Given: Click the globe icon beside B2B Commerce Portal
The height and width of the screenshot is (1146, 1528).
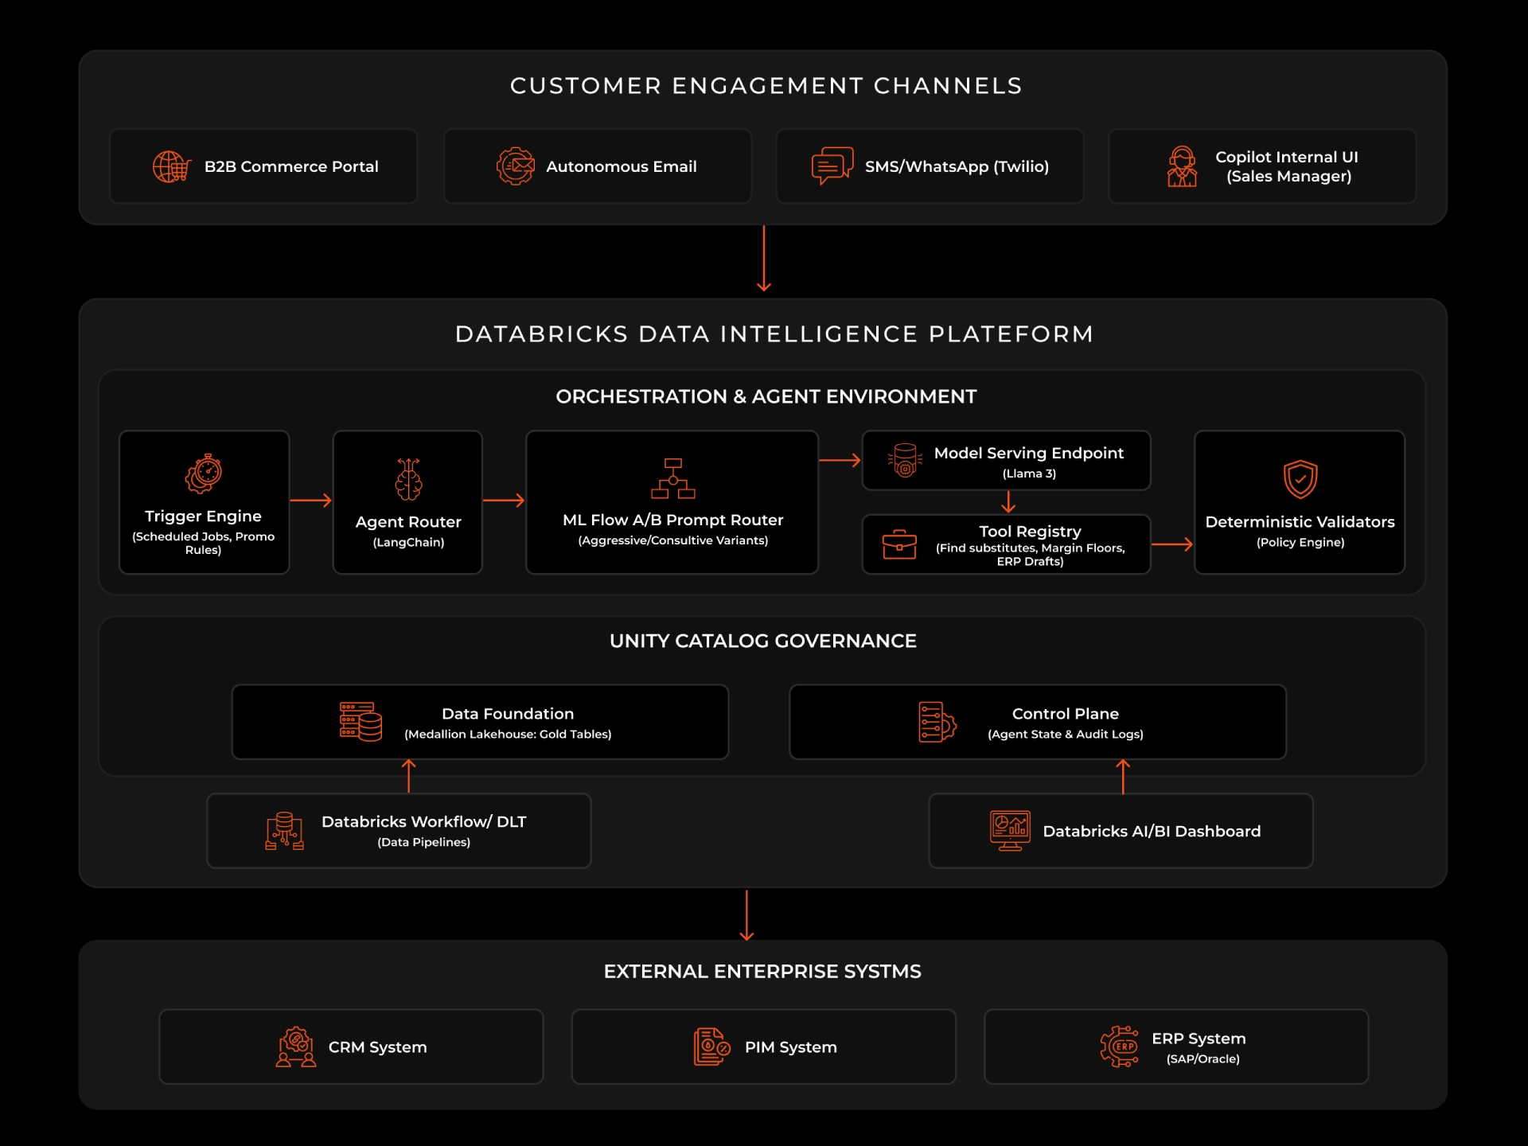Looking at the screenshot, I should (171, 167).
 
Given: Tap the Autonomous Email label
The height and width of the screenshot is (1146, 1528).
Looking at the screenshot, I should (621, 167).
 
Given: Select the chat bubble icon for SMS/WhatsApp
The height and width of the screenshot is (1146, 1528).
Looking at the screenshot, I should (832, 166).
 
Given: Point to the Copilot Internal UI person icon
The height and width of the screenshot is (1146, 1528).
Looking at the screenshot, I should (1182, 166).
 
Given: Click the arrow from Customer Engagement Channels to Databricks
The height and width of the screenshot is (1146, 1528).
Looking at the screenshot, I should (764, 259).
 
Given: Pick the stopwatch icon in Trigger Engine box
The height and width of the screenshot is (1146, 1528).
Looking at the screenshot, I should (204, 474).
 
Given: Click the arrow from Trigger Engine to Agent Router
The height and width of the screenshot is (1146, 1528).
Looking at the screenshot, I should (310, 500).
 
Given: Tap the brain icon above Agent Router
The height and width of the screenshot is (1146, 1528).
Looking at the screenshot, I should (408, 479).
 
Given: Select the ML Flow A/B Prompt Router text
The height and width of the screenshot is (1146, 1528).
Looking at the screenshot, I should (672, 520).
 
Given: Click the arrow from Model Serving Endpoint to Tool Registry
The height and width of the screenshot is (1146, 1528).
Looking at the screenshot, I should (1008, 501).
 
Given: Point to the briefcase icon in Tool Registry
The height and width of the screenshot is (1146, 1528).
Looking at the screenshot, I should (899, 544).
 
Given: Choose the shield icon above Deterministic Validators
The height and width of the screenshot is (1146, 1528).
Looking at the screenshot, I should (1300, 479).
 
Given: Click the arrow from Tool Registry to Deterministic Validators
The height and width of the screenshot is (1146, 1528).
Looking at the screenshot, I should (1172, 544).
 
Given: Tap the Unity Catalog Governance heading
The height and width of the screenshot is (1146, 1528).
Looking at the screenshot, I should (762, 641).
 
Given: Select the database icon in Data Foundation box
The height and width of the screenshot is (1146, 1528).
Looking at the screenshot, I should (361, 722).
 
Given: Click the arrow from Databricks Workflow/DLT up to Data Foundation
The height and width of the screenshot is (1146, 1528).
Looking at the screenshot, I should (409, 776).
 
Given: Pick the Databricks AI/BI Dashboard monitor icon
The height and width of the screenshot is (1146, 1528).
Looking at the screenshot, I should (1010, 830).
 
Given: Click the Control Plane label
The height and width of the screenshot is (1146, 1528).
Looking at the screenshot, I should (1065, 714).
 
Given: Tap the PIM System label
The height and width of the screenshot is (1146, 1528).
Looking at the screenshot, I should (790, 1047).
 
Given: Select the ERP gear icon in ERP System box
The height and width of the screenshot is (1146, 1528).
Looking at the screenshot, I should (1119, 1047).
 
